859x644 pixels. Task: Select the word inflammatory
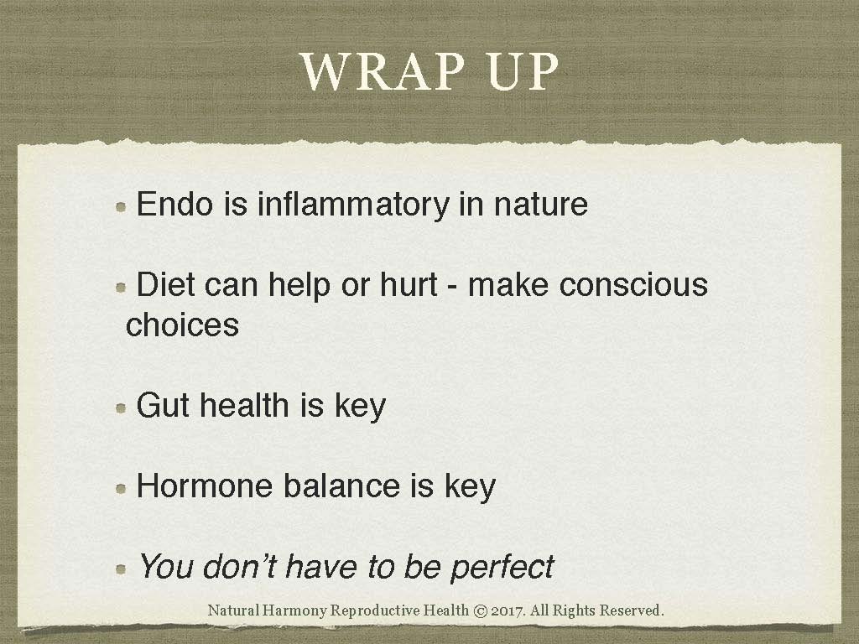tap(352, 204)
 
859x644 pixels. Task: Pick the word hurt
tap(405, 285)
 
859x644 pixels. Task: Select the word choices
tap(182, 325)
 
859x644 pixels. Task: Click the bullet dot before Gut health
tap(122, 408)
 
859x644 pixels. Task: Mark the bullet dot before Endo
tap(122, 206)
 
